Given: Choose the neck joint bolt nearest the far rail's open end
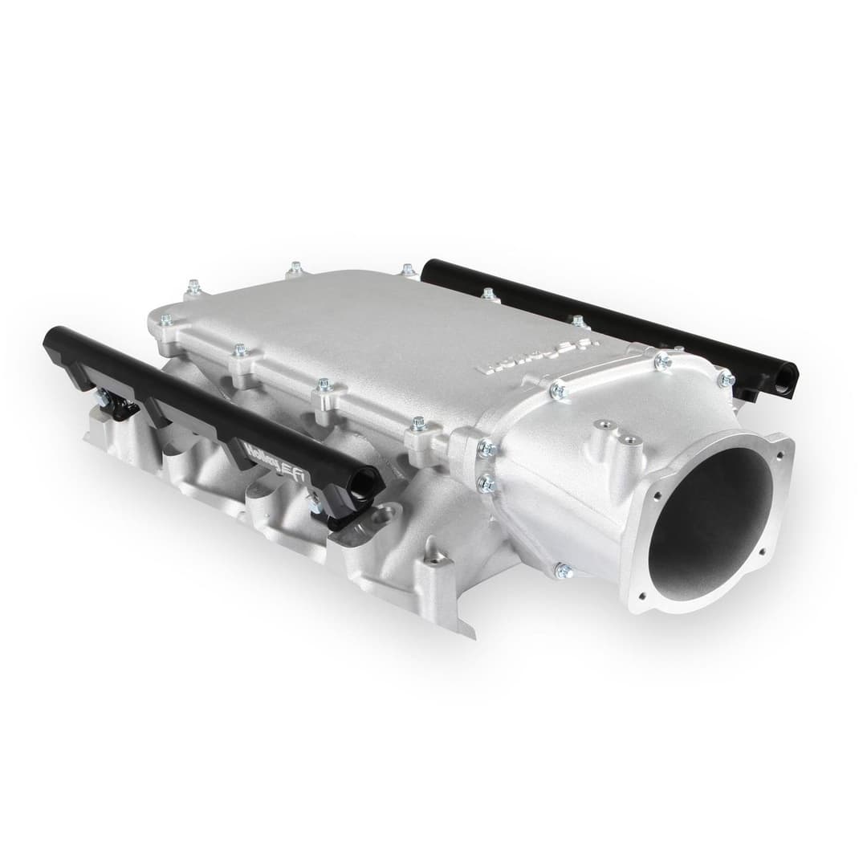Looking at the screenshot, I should coord(725,378).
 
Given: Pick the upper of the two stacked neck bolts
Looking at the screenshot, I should coord(485,448).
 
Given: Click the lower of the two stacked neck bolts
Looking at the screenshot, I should coord(486,482).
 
